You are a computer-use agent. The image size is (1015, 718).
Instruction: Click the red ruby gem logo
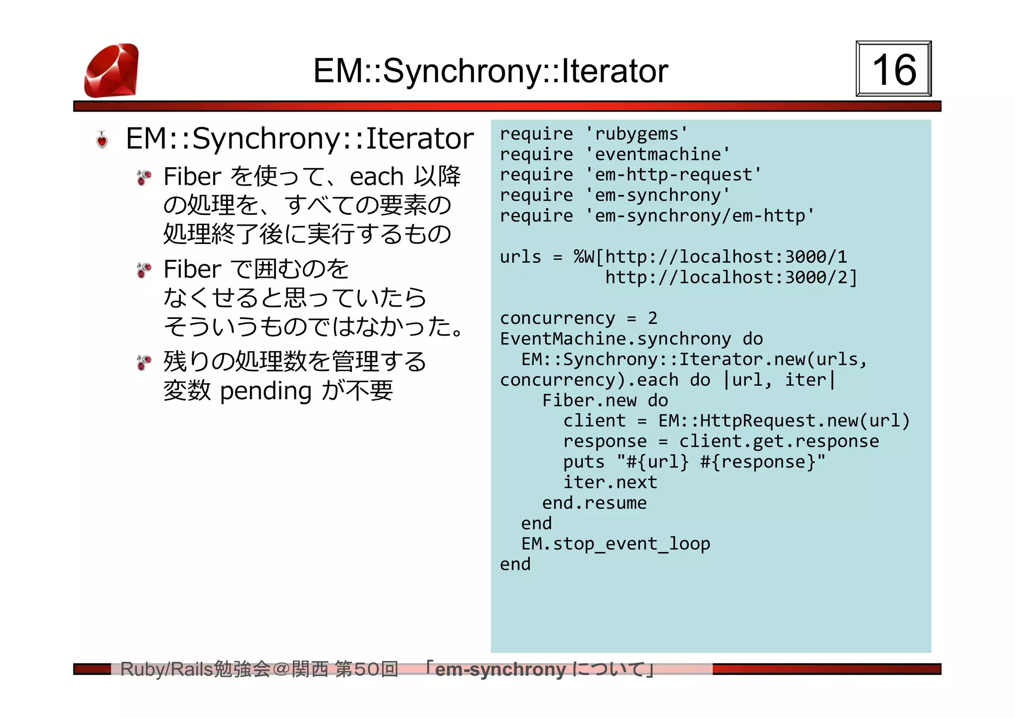(x=112, y=70)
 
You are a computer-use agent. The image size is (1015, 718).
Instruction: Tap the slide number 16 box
(x=894, y=69)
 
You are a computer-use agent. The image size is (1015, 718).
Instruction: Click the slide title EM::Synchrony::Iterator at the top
(x=491, y=71)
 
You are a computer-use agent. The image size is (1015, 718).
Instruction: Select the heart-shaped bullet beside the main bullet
(x=102, y=140)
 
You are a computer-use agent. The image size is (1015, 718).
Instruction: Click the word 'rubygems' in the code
(x=636, y=134)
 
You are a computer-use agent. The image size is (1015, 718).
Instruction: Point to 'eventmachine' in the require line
(x=658, y=154)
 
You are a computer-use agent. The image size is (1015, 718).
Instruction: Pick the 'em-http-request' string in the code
(x=673, y=175)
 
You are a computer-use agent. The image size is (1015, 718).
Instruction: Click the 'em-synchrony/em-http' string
(x=699, y=216)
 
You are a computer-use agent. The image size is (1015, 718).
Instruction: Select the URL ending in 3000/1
(x=726, y=257)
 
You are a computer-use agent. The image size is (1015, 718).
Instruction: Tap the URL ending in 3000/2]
(x=731, y=277)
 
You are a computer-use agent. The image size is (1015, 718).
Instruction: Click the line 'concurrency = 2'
(x=578, y=318)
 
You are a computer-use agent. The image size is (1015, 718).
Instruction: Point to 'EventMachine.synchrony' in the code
(x=615, y=339)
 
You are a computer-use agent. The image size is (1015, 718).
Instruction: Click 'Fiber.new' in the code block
(x=589, y=400)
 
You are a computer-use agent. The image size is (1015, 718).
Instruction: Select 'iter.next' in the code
(x=610, y=482)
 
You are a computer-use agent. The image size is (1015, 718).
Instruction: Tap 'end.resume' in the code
(x=594, y=503)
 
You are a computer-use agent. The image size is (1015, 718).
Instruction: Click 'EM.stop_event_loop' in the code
(x=616, y=543)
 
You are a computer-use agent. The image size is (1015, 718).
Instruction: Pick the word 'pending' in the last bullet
(x=266, y=391)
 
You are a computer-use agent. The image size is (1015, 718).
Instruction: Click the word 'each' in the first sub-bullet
(x=377, y=177)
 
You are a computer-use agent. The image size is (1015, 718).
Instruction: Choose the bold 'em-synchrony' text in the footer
(x=500, y=669)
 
